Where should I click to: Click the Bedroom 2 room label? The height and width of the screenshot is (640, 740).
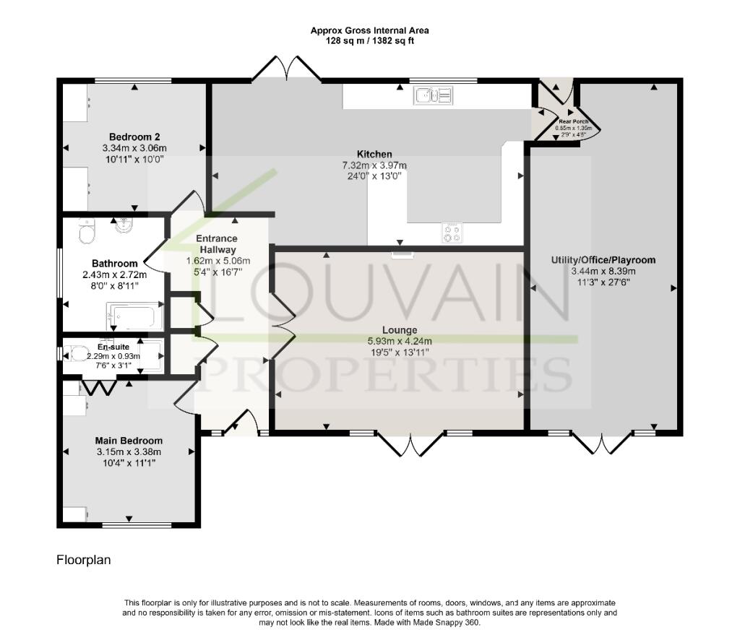click(x=134, y=137)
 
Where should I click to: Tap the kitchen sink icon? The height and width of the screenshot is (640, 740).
click(x=433, y=95)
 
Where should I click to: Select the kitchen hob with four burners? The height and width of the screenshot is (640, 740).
click(x=452, y=233)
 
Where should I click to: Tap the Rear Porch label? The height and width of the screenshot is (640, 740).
click(x=574, y=121)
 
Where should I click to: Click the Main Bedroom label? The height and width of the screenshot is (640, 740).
click(x=129, y=441)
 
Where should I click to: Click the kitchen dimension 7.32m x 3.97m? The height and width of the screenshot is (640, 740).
click(x=374, y=165)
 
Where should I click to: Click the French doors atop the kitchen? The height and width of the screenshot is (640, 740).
click(x=286, y=69)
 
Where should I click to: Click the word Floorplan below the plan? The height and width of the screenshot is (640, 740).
click(x=84, y=560)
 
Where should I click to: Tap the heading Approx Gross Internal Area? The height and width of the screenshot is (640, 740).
click(x=369, y=30)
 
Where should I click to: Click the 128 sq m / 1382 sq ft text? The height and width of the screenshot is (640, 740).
click(x=369, y=41)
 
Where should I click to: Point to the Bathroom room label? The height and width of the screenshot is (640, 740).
click(x=114, y=264)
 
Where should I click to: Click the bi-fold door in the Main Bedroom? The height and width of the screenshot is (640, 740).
click(x=98, y=388)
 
